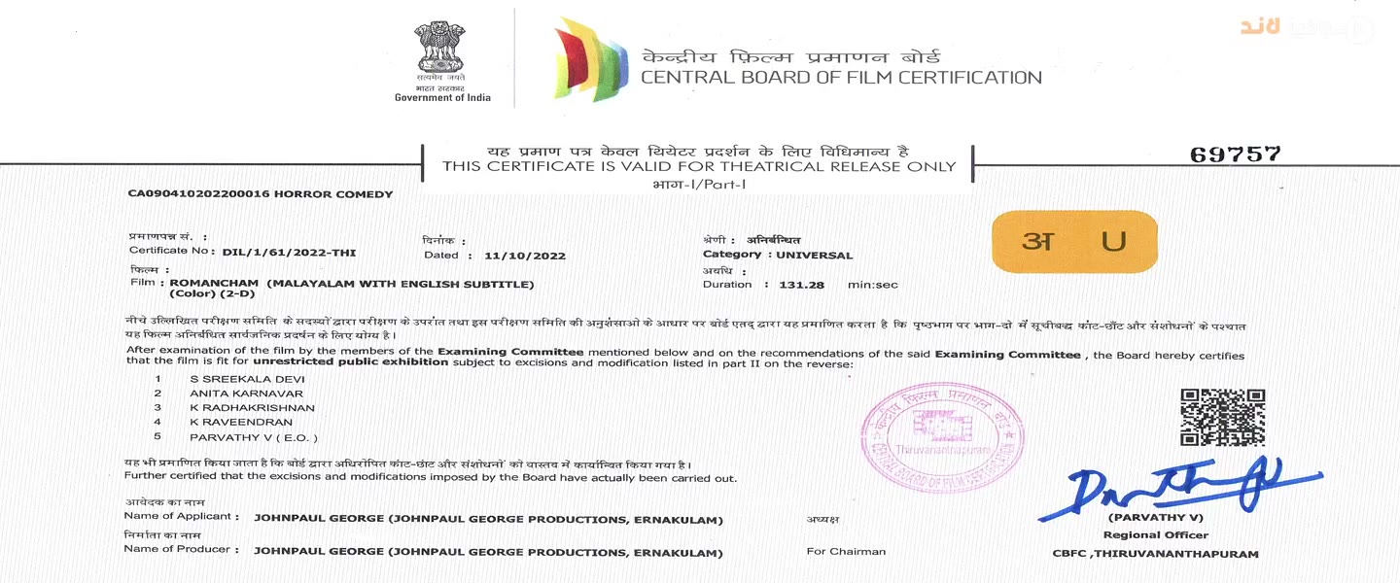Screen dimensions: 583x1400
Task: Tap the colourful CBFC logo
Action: (x=590, y=58)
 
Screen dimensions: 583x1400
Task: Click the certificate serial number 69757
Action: (x=1235, y=154)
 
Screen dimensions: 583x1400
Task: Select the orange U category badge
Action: (x=1074, y=241)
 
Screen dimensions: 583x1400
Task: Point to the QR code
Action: (x=1222, y=417)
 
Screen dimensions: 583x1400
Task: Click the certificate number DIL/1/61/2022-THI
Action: (x=289, y=253)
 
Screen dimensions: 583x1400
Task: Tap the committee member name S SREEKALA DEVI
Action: (x=234, y=377)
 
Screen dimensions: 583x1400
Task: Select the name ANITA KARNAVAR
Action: (x=233, y=393)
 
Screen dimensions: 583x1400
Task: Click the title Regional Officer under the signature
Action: (x=1155, y=535)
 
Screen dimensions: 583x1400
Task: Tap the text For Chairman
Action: (x=846, y=552)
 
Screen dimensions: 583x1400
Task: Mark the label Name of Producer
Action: (x=177, y=550)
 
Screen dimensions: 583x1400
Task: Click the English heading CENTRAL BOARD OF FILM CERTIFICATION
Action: (x=841, y=78)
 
